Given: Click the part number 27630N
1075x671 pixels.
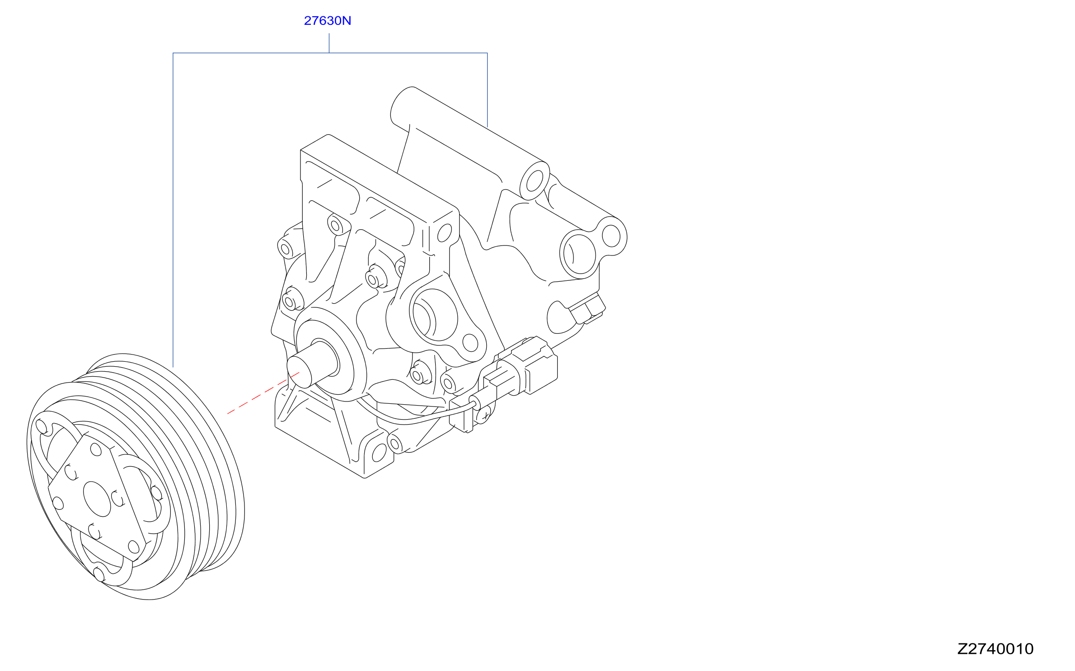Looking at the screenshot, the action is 327,21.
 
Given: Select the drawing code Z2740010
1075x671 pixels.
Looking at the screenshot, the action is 995,649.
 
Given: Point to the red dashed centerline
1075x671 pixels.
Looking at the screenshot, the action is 263,393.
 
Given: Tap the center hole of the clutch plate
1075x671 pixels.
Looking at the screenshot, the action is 97,499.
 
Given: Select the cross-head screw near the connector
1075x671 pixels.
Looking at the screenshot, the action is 484,416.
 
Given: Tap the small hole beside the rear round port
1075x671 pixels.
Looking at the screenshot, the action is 611,236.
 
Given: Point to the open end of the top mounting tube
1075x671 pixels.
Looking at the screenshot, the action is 535,181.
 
